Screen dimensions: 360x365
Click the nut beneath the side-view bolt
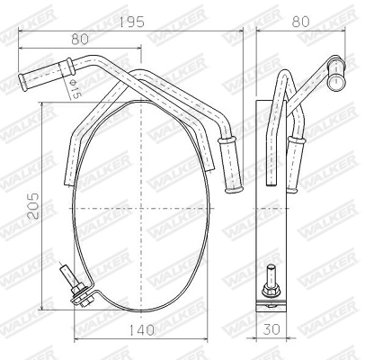[269, 300]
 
